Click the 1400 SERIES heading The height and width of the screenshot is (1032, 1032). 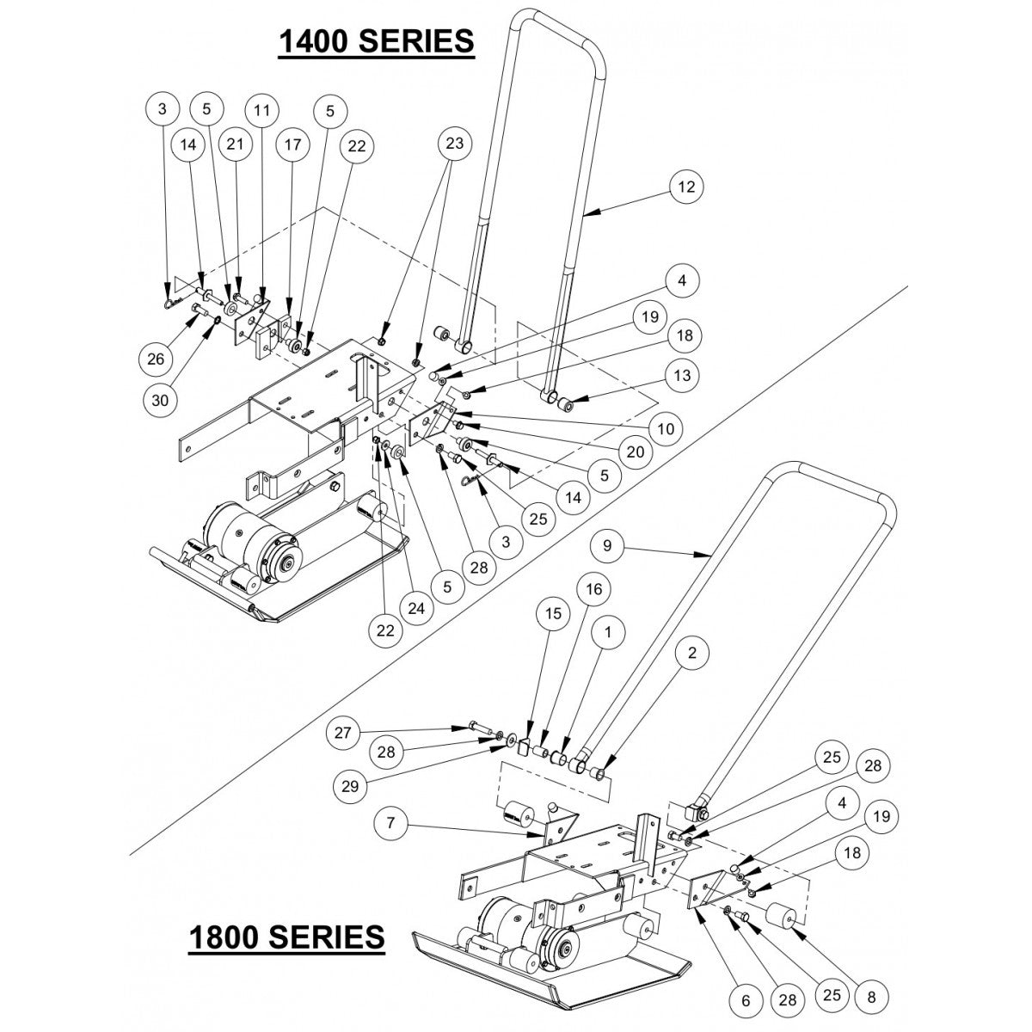(375, 40)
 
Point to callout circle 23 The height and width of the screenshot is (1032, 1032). (454, 144)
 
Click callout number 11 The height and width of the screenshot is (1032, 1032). (262, 110)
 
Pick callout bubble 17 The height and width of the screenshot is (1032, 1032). (293, 145)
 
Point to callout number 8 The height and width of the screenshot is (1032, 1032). (870, 998)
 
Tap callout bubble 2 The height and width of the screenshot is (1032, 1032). (693, 654)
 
